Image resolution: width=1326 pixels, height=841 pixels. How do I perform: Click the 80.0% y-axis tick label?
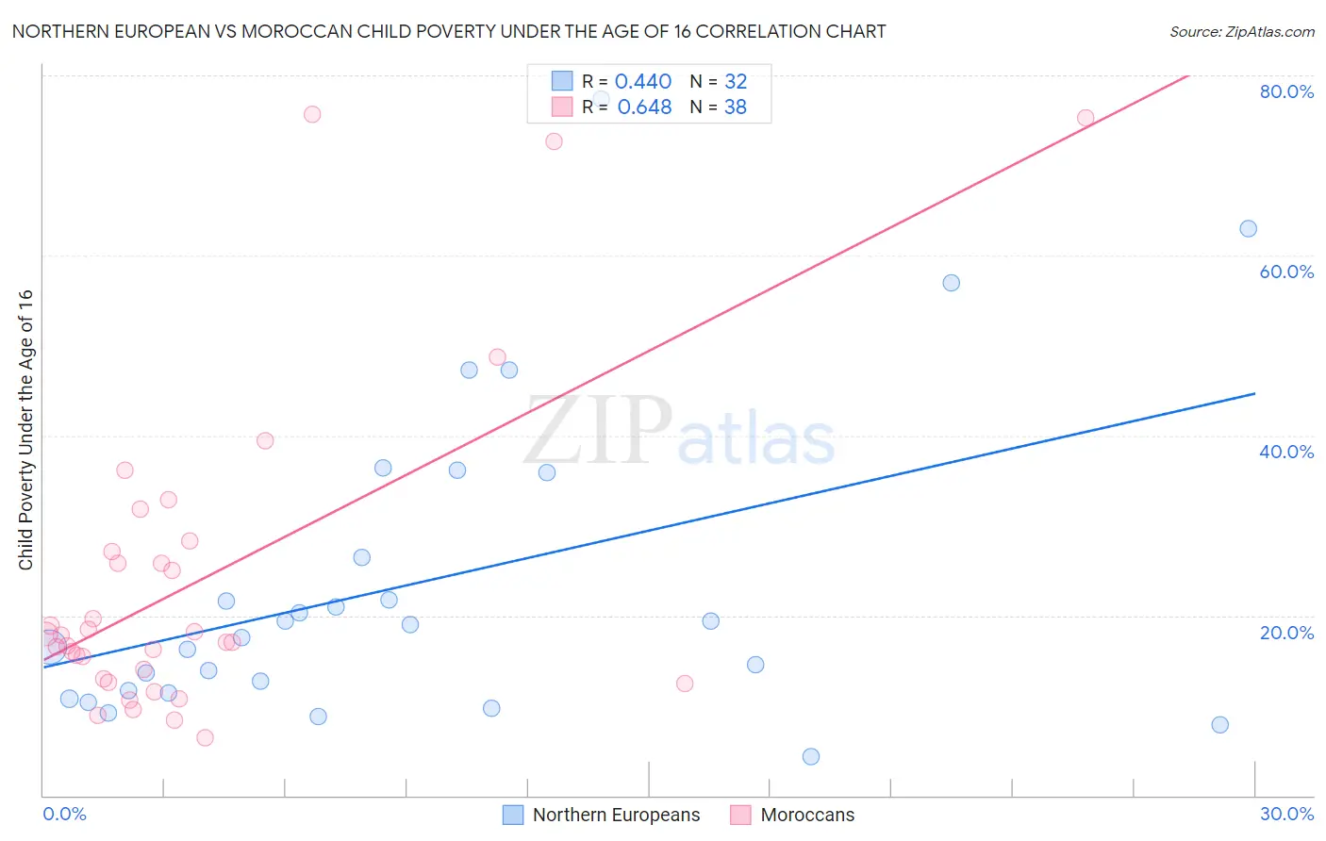coord(1286,91)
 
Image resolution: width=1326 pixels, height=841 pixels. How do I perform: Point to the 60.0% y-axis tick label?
coord(1286,272)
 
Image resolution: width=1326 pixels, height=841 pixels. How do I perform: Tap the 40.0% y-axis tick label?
coord(1286,452)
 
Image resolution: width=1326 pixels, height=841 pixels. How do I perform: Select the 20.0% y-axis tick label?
coord(1286,633)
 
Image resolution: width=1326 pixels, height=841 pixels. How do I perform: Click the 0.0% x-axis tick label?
coord(64,814)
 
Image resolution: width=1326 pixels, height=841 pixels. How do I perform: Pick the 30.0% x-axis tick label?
coord(1286,814)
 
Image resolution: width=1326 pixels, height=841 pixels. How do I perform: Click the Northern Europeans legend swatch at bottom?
coord(513,815)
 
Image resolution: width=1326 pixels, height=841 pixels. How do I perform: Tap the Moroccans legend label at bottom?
coord(807,815)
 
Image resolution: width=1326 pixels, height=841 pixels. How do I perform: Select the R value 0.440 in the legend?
coord(643,82)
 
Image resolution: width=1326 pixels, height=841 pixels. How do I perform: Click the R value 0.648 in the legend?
coord(644,107)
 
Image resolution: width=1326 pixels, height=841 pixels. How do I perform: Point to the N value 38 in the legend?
coord(736,107)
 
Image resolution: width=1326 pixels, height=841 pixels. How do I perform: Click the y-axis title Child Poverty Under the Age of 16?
coord(26,429)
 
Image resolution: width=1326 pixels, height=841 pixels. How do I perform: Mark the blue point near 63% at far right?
coord(1248,228)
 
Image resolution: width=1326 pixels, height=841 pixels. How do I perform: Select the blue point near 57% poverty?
coord(951,283)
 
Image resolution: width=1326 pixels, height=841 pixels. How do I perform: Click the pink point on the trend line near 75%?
coord(1086,118)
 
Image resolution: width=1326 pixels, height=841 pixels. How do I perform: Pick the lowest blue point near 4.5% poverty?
coord(810,756)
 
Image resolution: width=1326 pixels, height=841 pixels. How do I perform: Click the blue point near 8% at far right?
coord(1219,724)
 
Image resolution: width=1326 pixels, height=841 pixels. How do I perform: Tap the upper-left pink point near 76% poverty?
coord(312,114)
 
